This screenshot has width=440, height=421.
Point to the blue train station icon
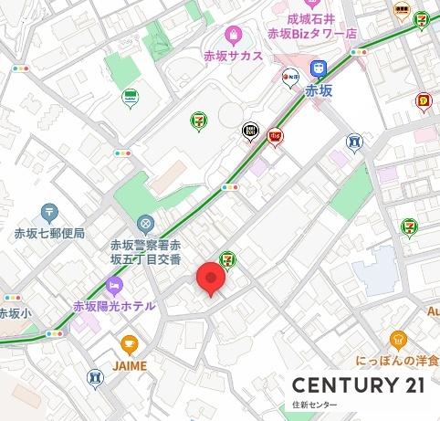(x=319, y=68)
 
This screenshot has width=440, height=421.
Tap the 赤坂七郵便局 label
(x=51, y=234)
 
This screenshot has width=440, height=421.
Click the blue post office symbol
(x=51, y=212)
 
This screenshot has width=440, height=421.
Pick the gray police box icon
(x=145, y=224)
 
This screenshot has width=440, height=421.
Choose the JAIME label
(x=128, y=366)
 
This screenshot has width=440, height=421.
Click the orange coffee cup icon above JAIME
(x=129, y=345)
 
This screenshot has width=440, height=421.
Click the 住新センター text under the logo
(x=315, y=404)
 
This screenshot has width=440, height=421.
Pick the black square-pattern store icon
(x=249, y=133)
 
